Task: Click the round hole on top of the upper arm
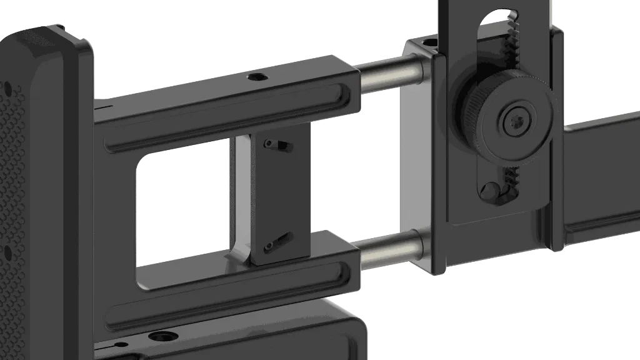click(256, 77)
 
